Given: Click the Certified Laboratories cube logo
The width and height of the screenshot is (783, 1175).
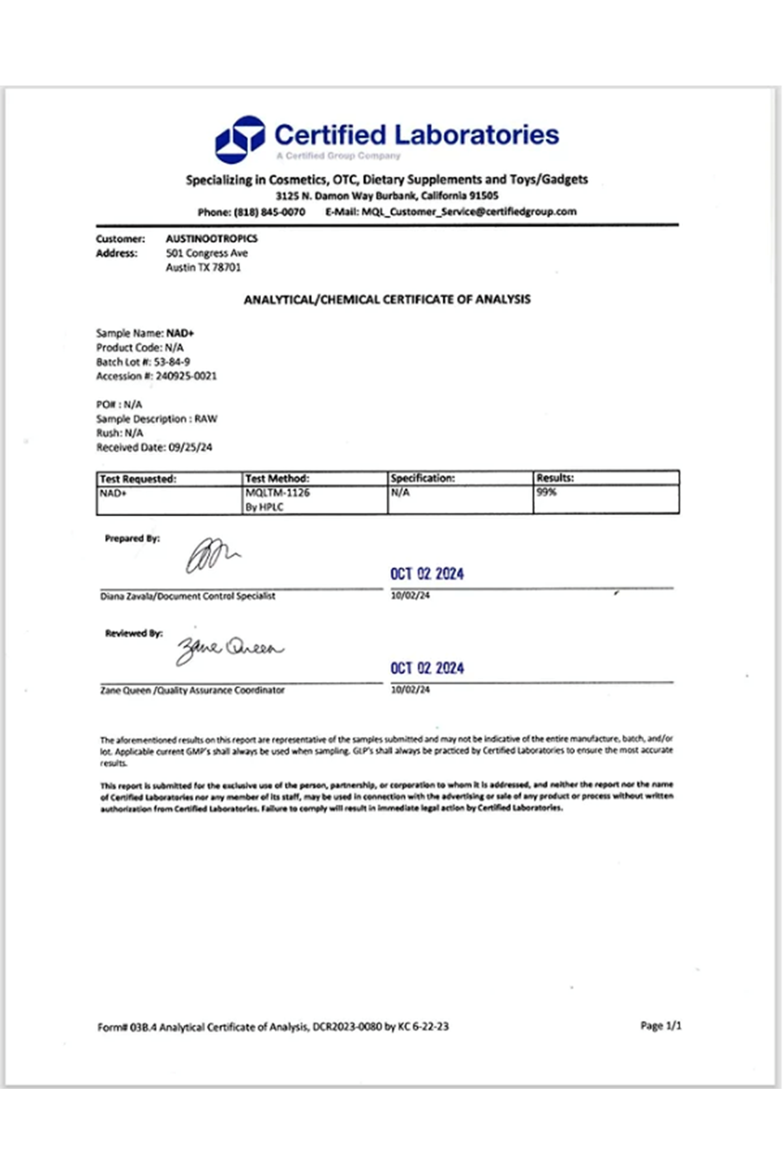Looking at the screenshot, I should pos(239,139).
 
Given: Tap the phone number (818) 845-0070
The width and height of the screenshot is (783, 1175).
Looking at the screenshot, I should pos(269,212).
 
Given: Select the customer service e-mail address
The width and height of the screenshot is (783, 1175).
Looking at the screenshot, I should pos(469,211).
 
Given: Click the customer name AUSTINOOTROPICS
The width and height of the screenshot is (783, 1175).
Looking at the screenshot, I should pos(211,239).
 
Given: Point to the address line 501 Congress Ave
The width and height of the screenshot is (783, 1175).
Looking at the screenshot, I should pos(207,253).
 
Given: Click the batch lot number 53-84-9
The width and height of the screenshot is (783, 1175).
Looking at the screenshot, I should pos(172,362).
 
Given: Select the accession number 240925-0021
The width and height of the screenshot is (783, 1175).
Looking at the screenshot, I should pos(186,376).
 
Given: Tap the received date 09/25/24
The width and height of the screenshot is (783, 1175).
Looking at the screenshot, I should pos(190,447).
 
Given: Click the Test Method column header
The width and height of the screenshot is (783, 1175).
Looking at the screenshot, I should pos(277,478).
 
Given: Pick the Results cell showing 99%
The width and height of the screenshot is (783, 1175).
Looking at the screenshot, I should pos(547,492).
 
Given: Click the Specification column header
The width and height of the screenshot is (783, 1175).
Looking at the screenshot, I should pos(422,478).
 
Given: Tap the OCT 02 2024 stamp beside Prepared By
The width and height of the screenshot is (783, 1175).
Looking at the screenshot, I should pos(427,574).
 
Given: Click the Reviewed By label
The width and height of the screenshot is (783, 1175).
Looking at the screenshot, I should pos(134,633).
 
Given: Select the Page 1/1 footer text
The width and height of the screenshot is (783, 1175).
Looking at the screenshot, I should pos(660,1026).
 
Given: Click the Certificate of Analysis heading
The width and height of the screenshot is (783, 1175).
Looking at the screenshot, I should pos(387,300).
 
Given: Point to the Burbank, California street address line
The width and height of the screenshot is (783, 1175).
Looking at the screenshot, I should pos(386,196).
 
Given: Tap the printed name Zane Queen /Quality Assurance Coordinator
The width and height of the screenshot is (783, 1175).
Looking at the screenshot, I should pos(192,690).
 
